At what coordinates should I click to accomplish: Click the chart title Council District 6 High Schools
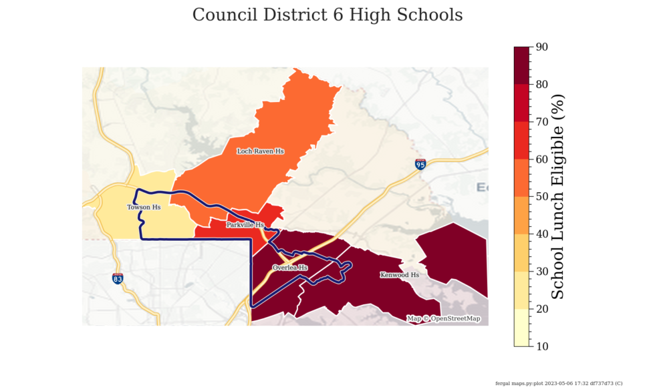coord(327,15)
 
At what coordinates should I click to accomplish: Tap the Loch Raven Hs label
coord(260,151)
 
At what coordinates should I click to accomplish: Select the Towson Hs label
coord(144,208)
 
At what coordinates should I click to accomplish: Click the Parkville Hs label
coord(245,225)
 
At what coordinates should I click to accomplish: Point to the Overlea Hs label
coord(290,268)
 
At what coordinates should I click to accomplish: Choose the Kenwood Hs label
coord(399,275)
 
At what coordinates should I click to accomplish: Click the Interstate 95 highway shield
coord(420,164)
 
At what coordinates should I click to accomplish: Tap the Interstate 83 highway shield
coord(118,278)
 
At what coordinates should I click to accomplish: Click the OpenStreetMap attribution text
coord(444,319)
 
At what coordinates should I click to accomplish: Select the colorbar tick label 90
coord(543,47)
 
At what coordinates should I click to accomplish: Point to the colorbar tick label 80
coord(543,84)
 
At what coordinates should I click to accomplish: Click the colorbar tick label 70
coord(543,121)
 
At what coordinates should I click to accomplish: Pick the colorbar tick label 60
coord(543,159)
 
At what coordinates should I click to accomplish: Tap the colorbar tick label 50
coord(543,197)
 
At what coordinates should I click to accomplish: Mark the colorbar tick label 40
coord(543,234)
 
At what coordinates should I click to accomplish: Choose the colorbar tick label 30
coord(543,272)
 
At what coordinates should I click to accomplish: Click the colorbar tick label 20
coord(543,309)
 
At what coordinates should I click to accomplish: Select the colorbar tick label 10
coord(543,346)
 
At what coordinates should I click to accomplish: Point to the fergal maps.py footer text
coord(558,383)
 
